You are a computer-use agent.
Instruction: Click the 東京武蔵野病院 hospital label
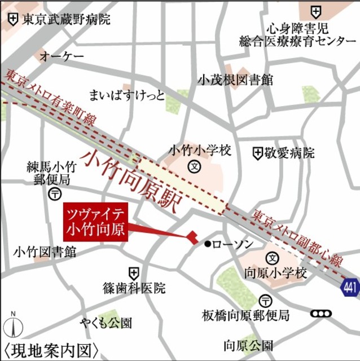coord(67,20)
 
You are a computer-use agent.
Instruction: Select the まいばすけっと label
coord(128,94)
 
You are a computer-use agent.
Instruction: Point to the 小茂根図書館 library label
coord(235,80)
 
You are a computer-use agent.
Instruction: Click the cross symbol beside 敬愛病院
coord(257,152)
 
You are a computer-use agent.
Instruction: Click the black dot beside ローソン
coord(208,244)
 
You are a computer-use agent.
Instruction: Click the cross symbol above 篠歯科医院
coord(133,272)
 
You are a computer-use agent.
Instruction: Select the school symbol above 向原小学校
coord(272,258)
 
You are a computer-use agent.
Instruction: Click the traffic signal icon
coord(322,314)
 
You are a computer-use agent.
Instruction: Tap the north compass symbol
coord(14,326)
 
